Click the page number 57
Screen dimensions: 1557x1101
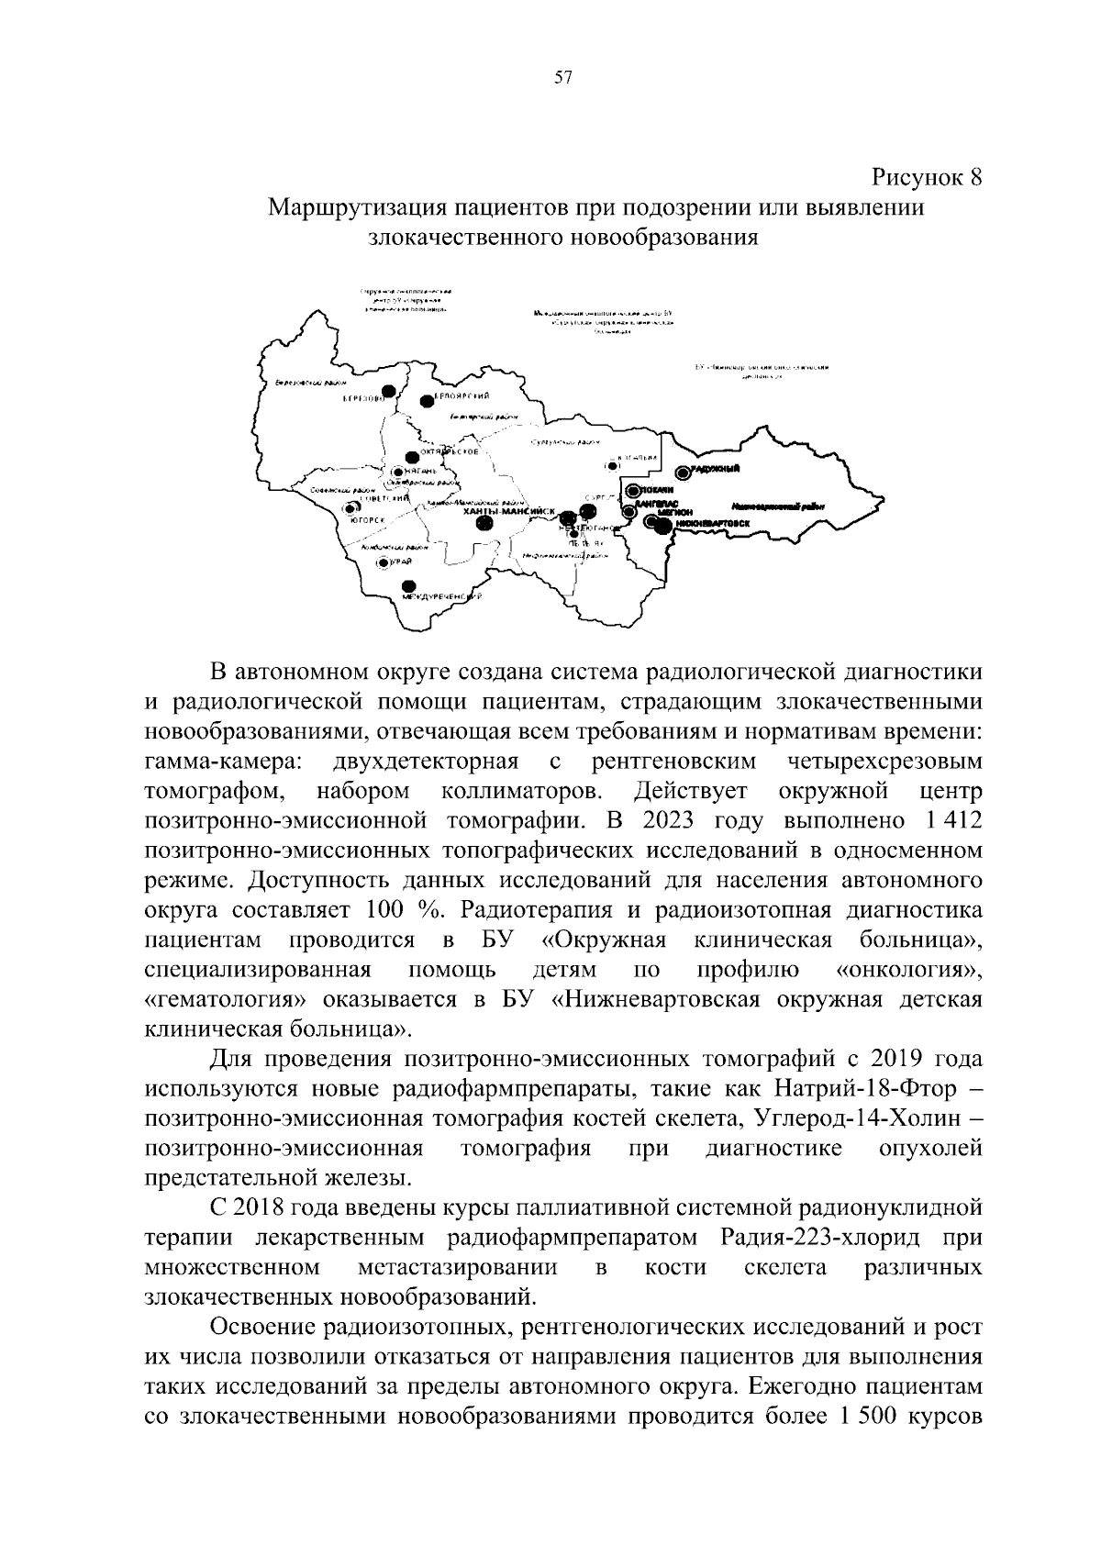pos(563,79)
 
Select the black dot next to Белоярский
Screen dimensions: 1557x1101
pos(426,400)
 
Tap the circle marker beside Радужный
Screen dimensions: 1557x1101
pos(682,472)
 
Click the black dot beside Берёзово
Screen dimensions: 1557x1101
pos(389,392)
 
